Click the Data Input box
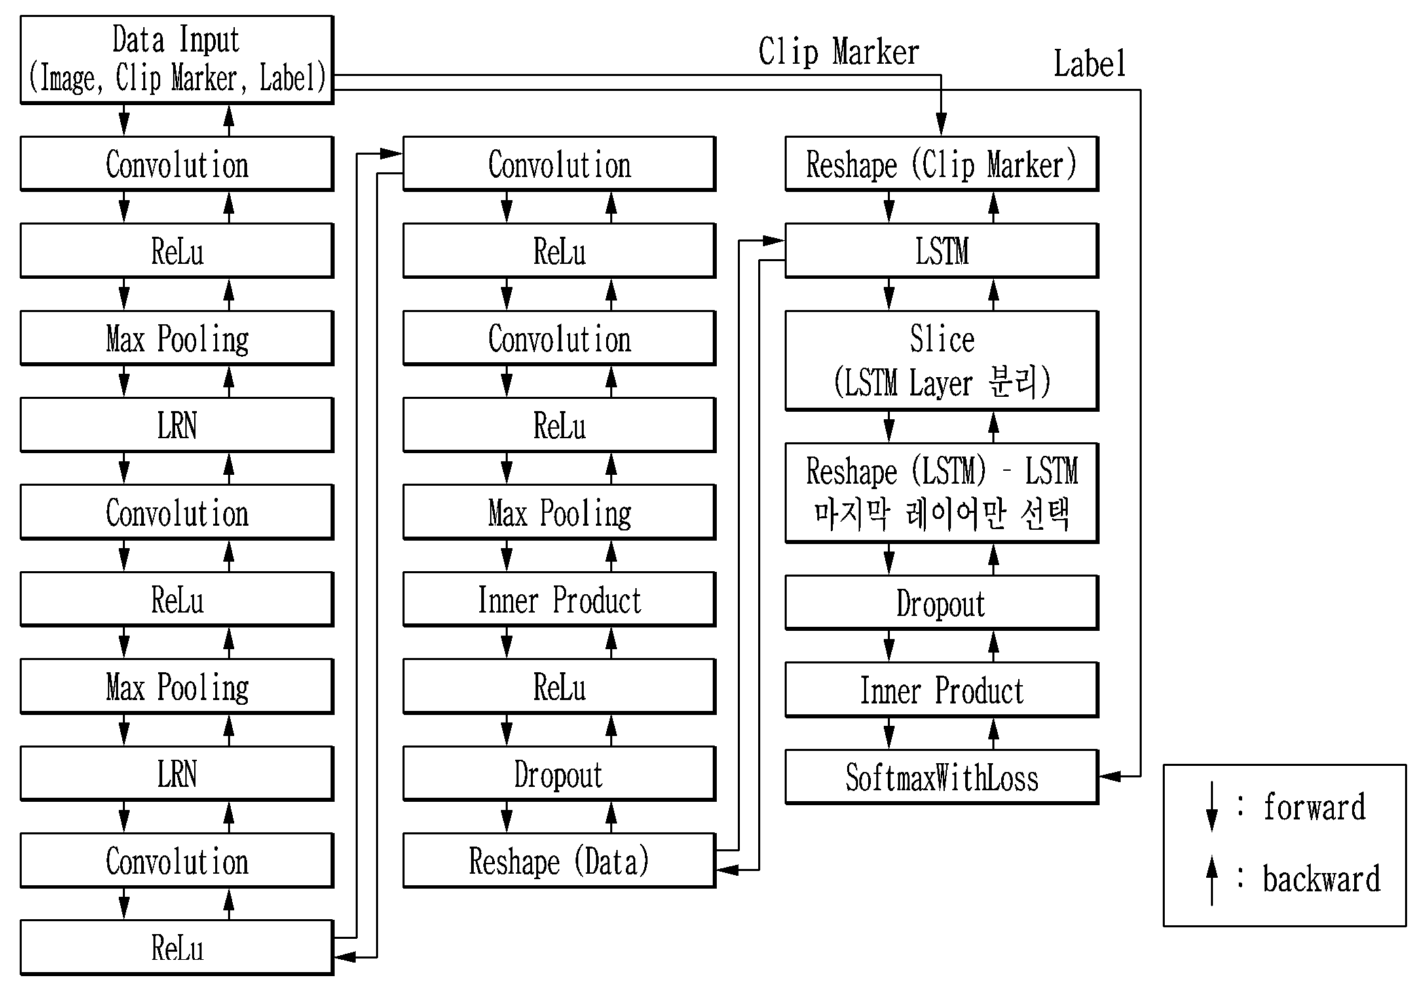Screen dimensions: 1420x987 (x=176, y=60)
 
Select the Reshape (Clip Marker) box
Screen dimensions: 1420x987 (x=941, y=164)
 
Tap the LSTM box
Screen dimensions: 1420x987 (x=941, y=251)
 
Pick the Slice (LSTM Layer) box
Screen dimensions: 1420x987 (x=941, y=361)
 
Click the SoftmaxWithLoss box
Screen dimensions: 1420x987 (x=941, y=777)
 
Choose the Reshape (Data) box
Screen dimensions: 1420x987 (x=559, y=861)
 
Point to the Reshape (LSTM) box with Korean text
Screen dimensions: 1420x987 (x=941, y=493)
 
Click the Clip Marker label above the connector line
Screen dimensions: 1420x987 (x=838, y=52)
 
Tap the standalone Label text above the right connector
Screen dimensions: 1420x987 (x=1089, y=64)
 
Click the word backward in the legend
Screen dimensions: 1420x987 (x=1321, y=878)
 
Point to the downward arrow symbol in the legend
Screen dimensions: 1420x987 (x=1212, y=807)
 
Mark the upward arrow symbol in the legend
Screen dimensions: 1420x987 (x=1212, y=880)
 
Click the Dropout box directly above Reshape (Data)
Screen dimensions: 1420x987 (x=559, y=774)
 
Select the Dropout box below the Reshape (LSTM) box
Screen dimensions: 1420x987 (x=941, y=603)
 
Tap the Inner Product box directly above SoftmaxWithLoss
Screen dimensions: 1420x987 (x=941, y=690)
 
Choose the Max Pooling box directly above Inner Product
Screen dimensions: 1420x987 (x=559, y=512)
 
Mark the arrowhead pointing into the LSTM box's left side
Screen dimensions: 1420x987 (x=774, y=240)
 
